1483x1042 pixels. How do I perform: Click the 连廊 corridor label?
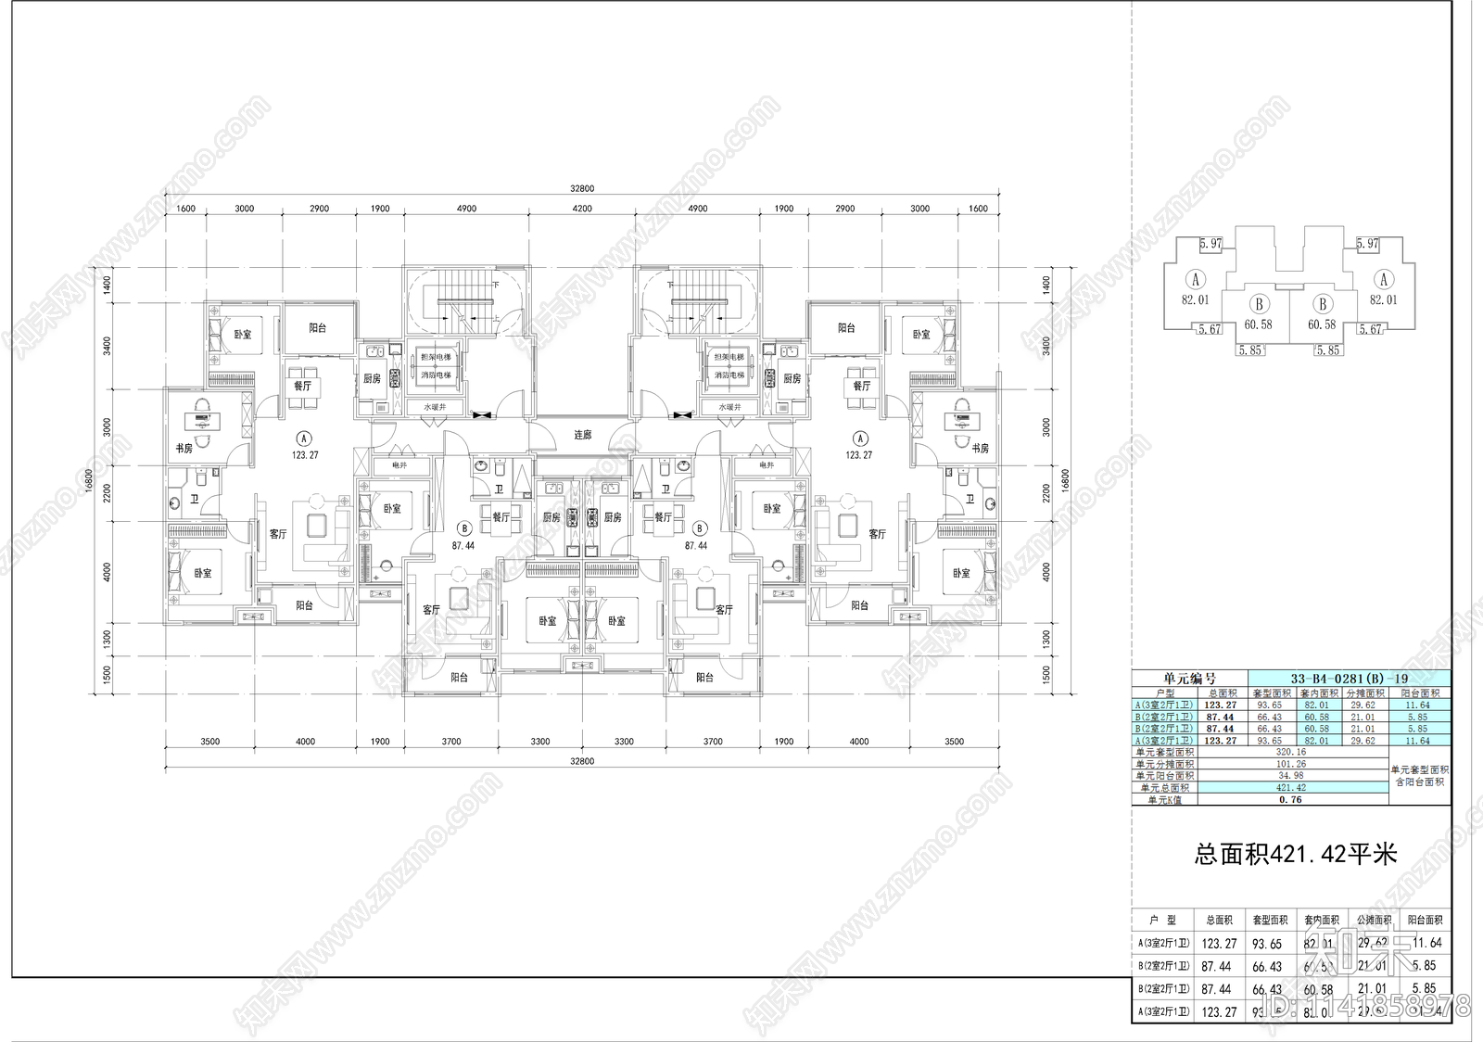(582, 435)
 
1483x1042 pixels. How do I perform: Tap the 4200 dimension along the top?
(581, 209)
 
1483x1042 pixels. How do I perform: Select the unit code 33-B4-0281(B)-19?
(1350, 679)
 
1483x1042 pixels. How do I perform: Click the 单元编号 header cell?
(1190, 679)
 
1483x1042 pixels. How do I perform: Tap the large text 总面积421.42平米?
(1295, 854)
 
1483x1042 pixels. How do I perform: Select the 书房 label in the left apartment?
(184, 449)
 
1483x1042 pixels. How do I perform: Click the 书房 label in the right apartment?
(981, 449)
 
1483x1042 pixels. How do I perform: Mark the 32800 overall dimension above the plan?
(582, 188)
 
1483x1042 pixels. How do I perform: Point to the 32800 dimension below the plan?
(582, 760)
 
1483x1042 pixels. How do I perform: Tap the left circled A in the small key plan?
(1196, 279)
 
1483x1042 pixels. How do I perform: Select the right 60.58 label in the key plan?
(1322, 324)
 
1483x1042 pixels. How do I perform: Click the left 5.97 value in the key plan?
(1210, 244)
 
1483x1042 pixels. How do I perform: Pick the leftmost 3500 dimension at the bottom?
(209, 741)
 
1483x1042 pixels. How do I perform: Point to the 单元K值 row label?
(1164, 799)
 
